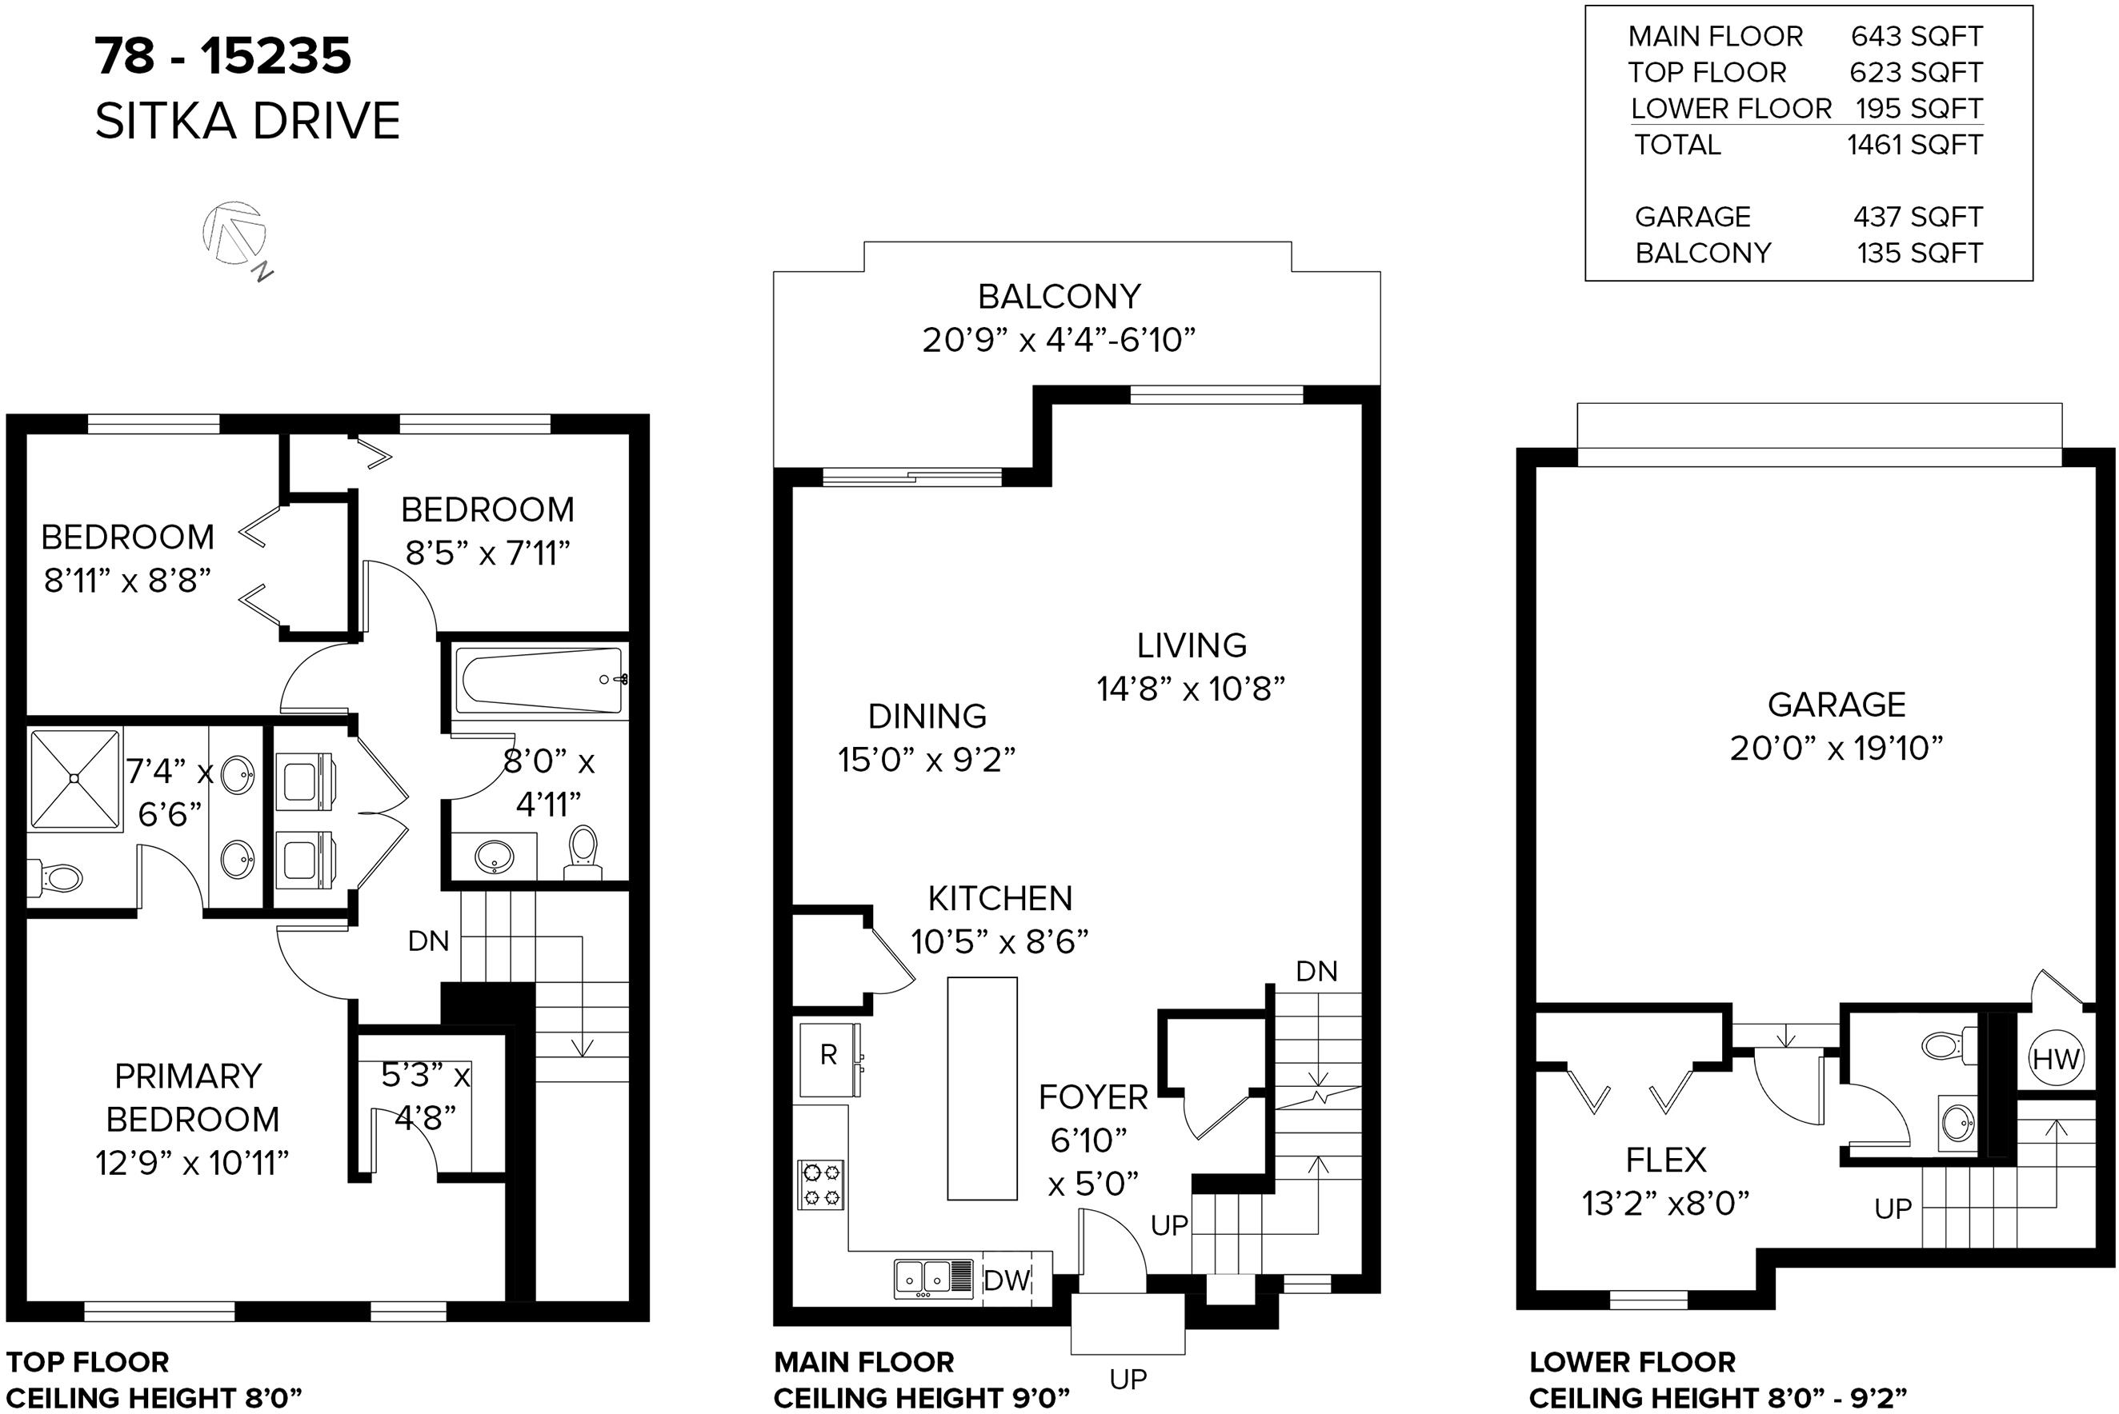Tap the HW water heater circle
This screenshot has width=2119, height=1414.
pyautogui.click(x=2056, y=1058)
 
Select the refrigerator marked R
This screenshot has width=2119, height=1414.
pyautogui.click(x=830, y=1060)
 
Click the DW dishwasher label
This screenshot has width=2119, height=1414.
pyautogui.click(x=1007, y=1280)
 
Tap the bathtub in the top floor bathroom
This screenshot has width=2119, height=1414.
pyautogui.click(x=539, y=681)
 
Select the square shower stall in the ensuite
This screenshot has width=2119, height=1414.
pyautogui.click(x=75, y=778)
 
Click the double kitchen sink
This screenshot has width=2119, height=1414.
pyautogui.click(x=934, y=1279)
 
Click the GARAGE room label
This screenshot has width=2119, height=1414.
pyautogui.click(x=1836, y=705)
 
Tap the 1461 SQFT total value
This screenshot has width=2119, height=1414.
pyautogui.click(x=1915, y=144)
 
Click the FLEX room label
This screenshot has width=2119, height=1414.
pyautogui.click(x=1665, y=1160)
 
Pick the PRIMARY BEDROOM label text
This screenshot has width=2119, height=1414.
pyautogui.click(x=190, y=1097)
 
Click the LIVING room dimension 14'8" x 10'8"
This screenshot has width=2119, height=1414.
pyautogui.click(x=1191, y=689)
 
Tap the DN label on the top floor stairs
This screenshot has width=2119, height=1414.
pyautogui.click(x=428, y=941)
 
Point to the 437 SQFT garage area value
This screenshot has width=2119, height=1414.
pyautogui.click(x=1918, y=217)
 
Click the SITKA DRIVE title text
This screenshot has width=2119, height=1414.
pyautogui.click(x=247, y=121)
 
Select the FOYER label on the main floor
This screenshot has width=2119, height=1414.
pyautogui.click(x=1092, y=1097)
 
